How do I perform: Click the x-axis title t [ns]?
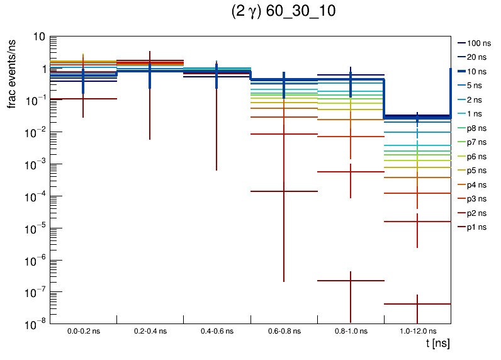point(437,344)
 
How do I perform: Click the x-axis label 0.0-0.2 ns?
point(84,330)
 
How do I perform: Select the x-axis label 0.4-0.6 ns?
point(217,330)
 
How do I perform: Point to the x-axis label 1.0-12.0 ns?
point(417,330)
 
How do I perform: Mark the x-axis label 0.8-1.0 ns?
point(351,330)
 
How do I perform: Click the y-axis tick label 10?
point(38,37)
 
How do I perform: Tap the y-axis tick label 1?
point(42,69)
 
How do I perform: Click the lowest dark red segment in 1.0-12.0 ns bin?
point(417,304)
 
